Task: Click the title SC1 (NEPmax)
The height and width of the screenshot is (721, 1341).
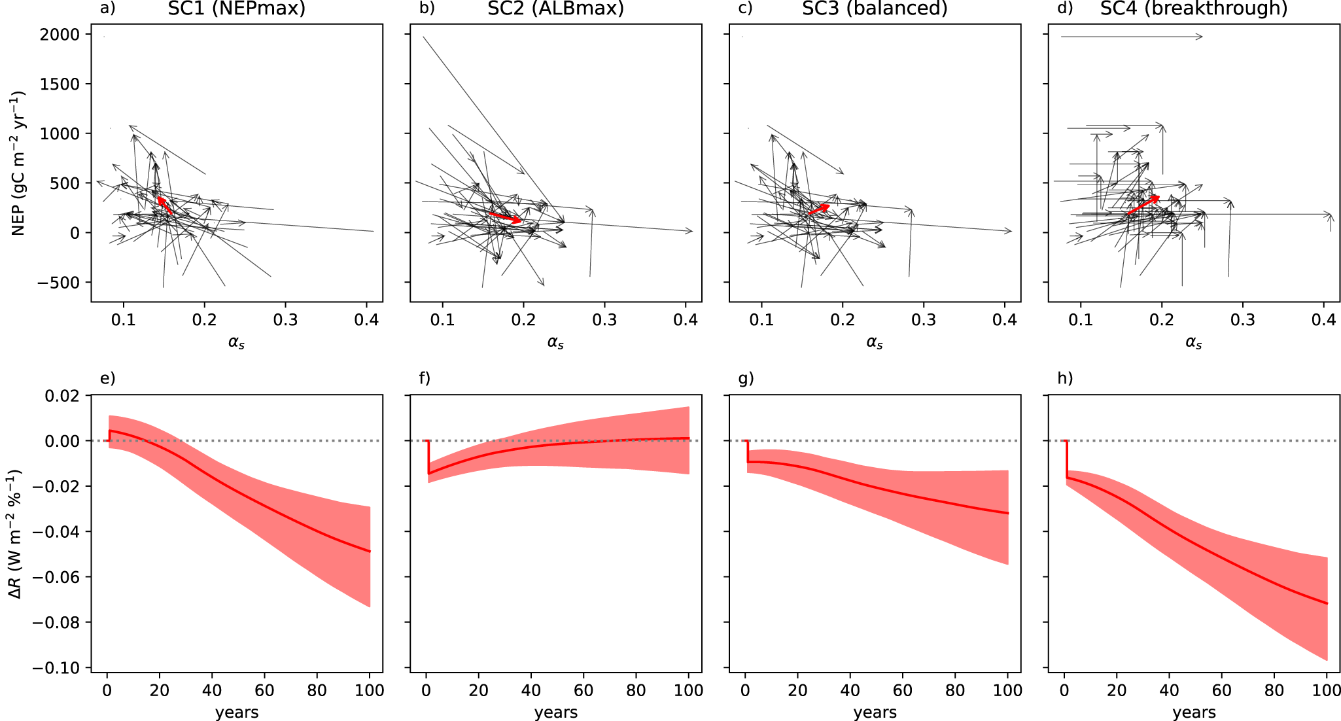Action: click(x=236, y=9)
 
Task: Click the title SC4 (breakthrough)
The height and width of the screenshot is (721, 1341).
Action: click(x=1194, y=9)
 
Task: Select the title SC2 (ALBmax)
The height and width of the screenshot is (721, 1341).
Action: click(x=555, y=9)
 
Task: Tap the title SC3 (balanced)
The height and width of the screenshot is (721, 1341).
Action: click(x=875, y=9)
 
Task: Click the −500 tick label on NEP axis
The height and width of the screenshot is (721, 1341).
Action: click(x=56, y=283)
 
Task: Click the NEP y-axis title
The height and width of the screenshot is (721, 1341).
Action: click(x=18, y=164)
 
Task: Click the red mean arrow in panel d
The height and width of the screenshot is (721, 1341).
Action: click(x=1143, y=204)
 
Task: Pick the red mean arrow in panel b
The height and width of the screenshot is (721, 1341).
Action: click(x=505, y=217)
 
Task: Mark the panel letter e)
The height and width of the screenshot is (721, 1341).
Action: click(x=107, y=378)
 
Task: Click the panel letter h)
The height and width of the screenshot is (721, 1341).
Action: click(x=1065, y=378)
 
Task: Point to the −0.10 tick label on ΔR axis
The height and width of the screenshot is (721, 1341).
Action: click(x=56, y=668)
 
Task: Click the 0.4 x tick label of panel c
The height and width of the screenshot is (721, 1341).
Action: click(x=1004, y=320)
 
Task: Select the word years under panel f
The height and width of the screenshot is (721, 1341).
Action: click(x=555, y=712)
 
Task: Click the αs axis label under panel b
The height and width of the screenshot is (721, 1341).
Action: click(x=555, y=342)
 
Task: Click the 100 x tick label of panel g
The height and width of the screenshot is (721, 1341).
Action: click(x=1007, y=690)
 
